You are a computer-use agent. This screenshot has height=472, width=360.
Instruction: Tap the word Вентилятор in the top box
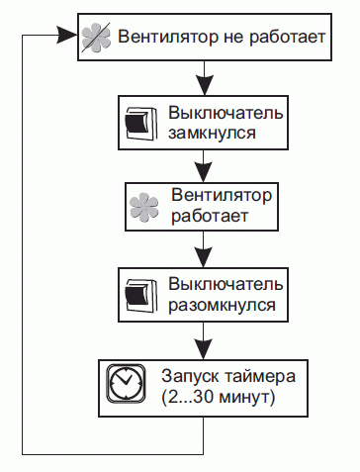tap(162, 40)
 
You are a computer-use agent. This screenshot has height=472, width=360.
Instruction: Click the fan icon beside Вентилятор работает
tap(145, 206)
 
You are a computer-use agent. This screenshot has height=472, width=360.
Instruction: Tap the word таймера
tap(255, 377)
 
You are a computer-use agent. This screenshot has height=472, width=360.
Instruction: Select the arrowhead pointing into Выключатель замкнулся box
tap(202, 86)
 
